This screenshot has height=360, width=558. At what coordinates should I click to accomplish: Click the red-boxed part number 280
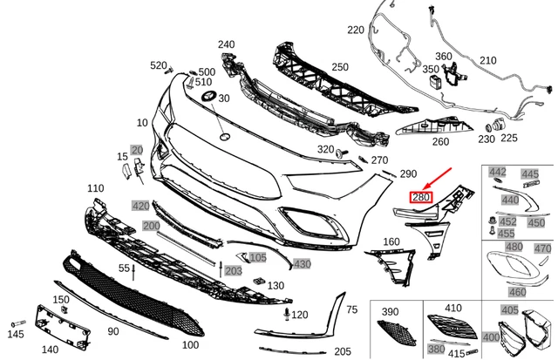421,199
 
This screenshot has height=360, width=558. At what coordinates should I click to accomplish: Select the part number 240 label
226,44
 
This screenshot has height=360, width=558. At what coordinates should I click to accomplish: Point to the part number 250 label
339,66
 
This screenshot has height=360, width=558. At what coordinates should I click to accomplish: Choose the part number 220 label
355,30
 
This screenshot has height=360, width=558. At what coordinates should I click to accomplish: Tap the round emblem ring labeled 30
208,97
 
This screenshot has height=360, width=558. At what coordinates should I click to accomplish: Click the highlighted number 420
140,206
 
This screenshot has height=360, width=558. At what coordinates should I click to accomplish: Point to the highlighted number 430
302,263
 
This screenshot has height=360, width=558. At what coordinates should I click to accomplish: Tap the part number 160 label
391,241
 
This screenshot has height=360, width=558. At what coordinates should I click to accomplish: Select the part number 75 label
352,309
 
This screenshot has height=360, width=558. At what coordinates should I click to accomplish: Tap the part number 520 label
158,65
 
